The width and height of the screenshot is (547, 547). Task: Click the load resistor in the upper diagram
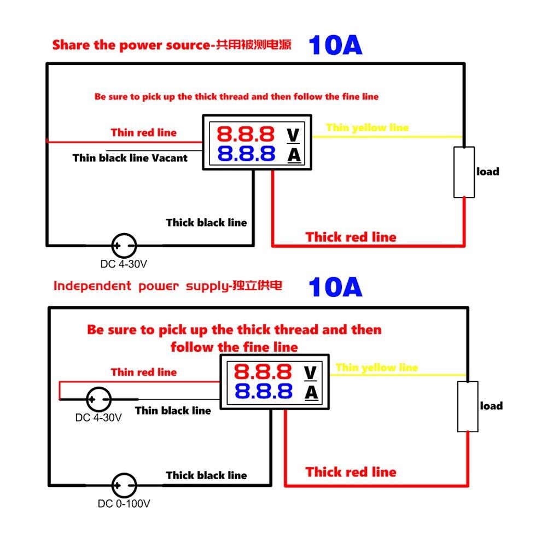tap(464, 172)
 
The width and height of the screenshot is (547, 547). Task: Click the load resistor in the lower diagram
tap(468, 406)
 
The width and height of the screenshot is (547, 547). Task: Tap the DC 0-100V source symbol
tap(124, 485)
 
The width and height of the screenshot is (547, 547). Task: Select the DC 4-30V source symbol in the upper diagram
tap(124, 246)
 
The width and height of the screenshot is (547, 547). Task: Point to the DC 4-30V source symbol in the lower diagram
tap(98, 399)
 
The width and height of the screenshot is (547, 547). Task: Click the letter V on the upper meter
tap(293, 136)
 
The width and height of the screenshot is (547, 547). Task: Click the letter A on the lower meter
tap(311, 393)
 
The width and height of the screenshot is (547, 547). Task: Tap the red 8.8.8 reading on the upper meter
tap(246, 134)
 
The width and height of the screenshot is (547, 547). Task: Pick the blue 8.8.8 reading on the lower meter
tap(264, 391)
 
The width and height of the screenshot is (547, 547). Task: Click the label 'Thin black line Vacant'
tap(130, 158)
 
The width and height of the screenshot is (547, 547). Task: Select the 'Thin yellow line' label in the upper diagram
tap(368, 127)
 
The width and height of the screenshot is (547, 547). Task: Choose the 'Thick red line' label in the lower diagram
tap(351, 472)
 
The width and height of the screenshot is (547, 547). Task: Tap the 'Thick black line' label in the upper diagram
tap(207, 223)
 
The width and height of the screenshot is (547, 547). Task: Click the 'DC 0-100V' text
tap(124, 504)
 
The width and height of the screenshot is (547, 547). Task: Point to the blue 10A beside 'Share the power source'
tap(336, 45)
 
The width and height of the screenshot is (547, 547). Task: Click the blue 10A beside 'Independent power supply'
tap(336, 287)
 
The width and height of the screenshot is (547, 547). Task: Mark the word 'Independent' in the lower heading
tap(92, 286)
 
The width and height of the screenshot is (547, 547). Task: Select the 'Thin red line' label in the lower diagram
tap(144, 372)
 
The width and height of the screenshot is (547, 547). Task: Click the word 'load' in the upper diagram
tap(488, 171)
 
